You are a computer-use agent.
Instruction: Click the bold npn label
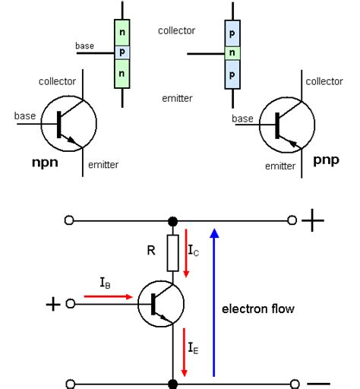(x=46, y=163)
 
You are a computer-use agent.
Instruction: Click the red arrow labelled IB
(x=114, y=297)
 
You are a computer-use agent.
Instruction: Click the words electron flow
(x=257, y=308)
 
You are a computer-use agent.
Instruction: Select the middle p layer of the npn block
(x=122, y=52)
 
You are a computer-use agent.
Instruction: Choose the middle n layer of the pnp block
(x=233, y=52)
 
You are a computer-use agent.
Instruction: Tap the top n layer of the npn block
(x=122, y=33)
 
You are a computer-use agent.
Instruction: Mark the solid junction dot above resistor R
(x=173, y=220)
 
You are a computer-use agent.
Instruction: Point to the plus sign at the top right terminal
(x=313, y=220)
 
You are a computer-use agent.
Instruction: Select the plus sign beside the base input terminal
(x=52, y=304)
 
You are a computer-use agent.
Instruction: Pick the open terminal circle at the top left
(x=69, y=220)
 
